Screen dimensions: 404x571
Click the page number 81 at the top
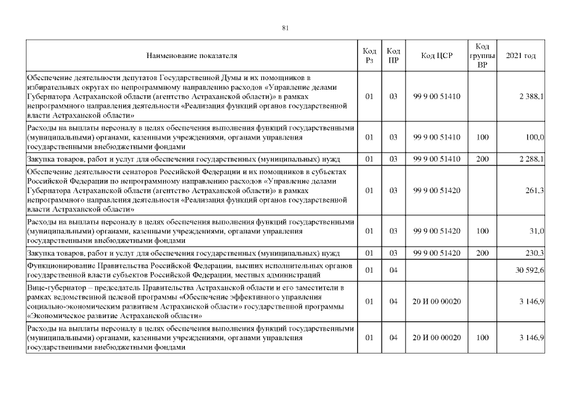click(x=285, y=28)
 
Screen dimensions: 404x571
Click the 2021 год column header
click(x=521, y=56)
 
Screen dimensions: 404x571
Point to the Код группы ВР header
click(x=482, y=56)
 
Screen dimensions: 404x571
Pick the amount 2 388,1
click(x=532, y=96)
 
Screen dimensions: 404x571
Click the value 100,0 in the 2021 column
click(x=534, y=136)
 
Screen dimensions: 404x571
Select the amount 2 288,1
click(x=532, y=158)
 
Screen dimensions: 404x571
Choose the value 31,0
click(x=537, y=231)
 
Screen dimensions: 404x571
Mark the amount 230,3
click(x=535, y=253)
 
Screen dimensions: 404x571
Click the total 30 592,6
click(x=531, y=271)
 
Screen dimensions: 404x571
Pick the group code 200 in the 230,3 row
click(x=482, y=253)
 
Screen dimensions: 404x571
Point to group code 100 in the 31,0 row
click(x=482, y=231)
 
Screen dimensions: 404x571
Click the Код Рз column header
click(x=370, y=56)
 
